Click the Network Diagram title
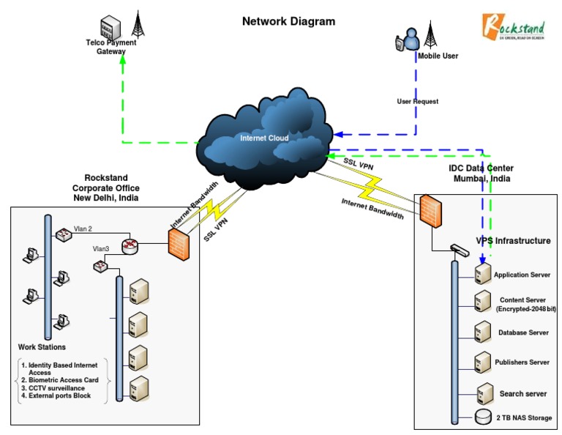(288, 21)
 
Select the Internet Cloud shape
(266, 138)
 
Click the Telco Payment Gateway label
(111, 47)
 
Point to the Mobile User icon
(407, 41)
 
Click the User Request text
(417, 102)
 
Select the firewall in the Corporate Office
(179, 242)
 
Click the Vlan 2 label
(83, 229)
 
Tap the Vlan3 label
(101, 249)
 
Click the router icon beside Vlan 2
(130, 245)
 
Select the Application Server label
(522, 275)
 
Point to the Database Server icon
(482, 331)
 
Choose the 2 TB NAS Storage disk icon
(482, 417)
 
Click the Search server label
(523, 394)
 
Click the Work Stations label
(42, 347)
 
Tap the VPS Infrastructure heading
(513, 241)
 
